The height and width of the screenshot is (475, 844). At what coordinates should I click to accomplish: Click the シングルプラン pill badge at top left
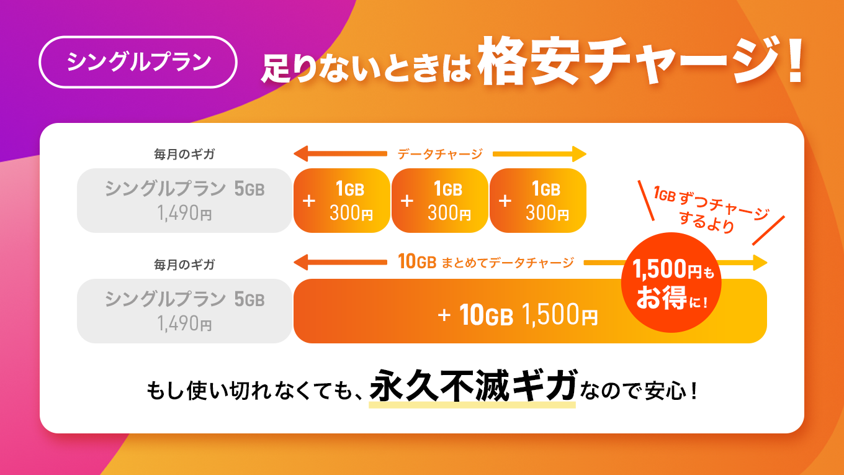[138, 62]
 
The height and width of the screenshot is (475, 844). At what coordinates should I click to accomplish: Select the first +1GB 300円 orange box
[342, 201]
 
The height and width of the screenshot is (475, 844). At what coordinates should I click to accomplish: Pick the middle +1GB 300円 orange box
[440, 201]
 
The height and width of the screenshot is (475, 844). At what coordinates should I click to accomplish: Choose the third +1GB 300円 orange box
[538, 201]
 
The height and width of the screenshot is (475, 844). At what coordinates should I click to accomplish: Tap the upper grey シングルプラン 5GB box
[184, 201]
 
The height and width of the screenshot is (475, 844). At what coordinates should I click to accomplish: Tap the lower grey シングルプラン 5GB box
[184, 311]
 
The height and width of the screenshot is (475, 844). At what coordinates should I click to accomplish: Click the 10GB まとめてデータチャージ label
[485, 263]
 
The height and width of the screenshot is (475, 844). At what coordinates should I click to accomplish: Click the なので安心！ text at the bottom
[641, 391]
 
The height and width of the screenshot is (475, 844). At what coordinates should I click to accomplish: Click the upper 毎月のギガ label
[184, 154]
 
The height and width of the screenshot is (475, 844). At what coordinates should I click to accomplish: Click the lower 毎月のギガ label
[184, 265]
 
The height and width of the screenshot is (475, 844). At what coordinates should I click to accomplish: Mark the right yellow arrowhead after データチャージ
[579, 154]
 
